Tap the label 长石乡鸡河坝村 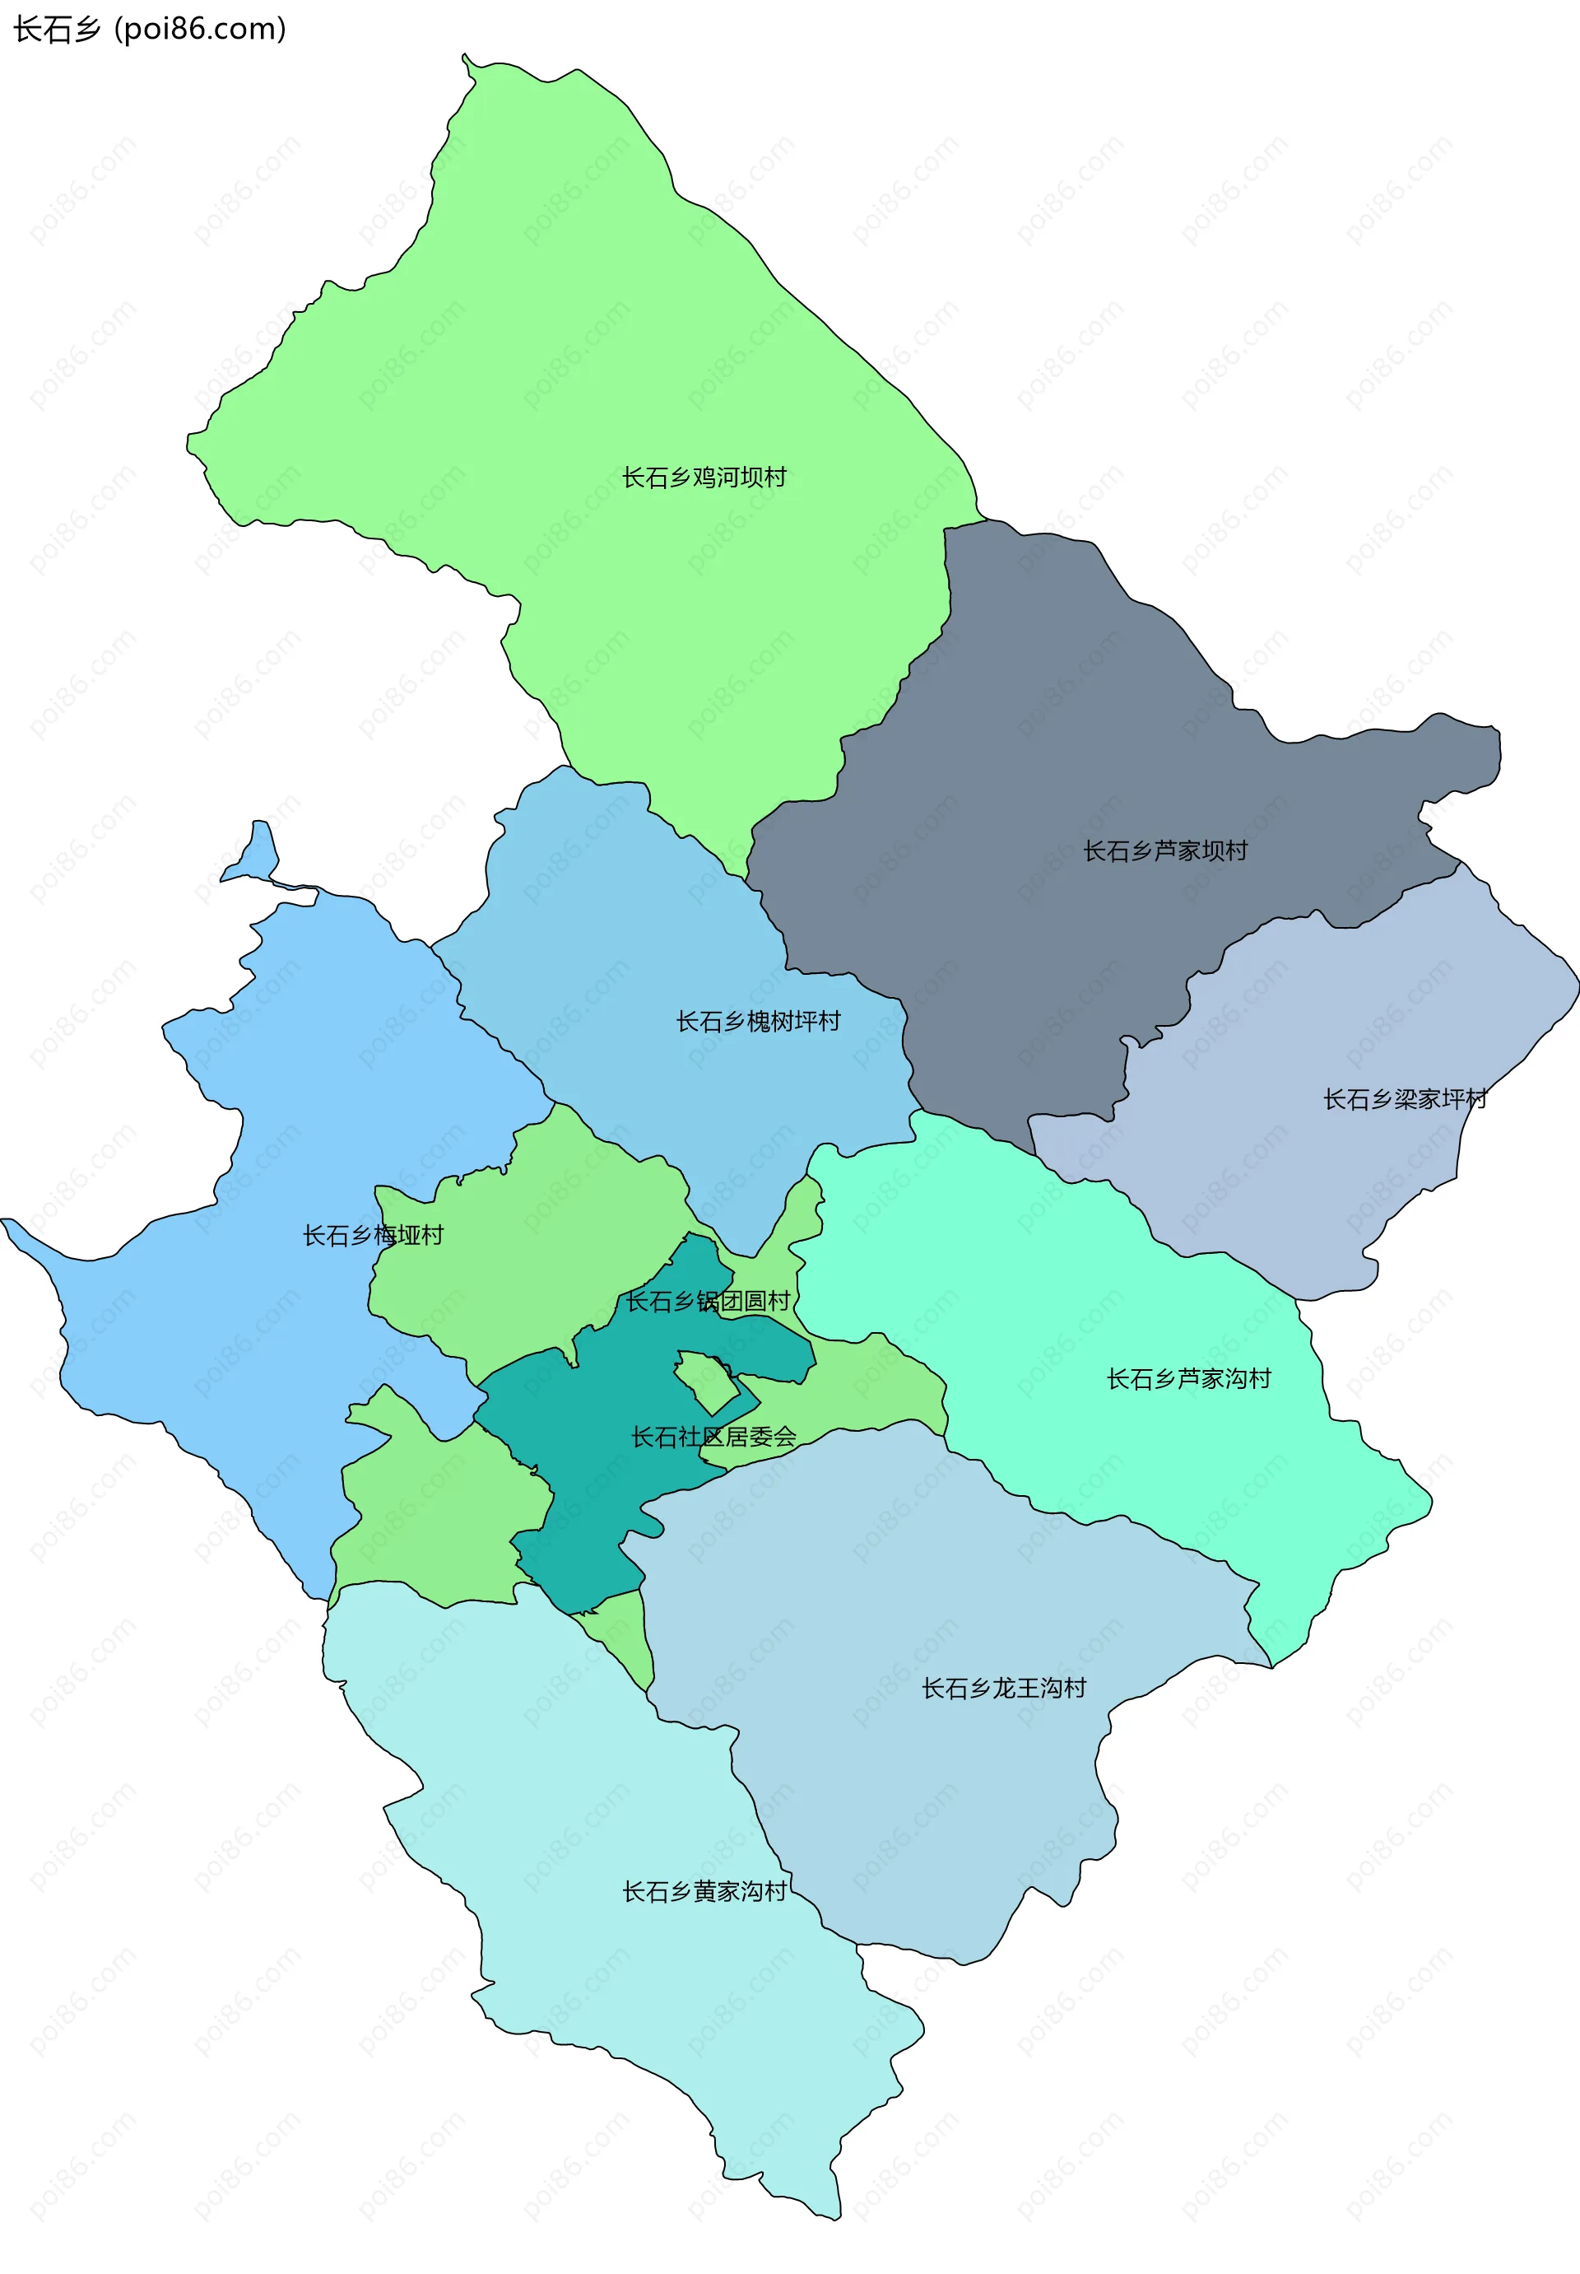pos(704,478)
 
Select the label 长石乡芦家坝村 pos(1165,850)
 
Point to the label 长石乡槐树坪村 pos(759,1021)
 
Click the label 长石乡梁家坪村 pos(1405,1099)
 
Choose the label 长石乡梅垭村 pos(374,1235)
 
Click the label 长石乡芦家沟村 pos(1188,1379)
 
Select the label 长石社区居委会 pos(713,1436)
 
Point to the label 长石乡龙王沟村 pos(1004,1688)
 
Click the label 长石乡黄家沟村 pos(704,1892)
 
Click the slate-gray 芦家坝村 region pos(1039,753)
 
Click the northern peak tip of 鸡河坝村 pos(465,58)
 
